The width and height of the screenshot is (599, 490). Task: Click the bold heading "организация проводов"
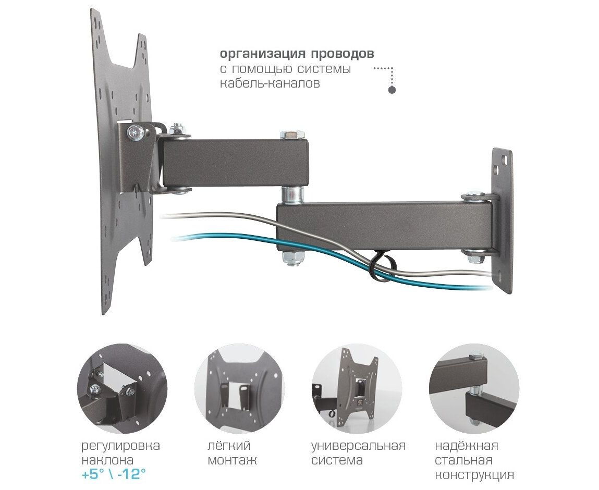[297, 54]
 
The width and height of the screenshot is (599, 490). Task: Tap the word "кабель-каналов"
[270, 83]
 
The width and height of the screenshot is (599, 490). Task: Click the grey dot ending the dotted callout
[392, 91]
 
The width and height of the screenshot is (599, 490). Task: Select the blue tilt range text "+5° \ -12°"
[114, 474]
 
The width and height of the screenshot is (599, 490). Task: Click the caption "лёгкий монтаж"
[233, 453]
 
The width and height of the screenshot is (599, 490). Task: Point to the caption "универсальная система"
[358, 453]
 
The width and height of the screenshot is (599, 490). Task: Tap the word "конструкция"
[474, 475]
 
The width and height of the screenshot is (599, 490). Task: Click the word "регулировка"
[120, 446]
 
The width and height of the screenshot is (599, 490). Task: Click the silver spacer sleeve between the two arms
[292, 195]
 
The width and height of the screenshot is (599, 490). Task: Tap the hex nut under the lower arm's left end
[292, 258]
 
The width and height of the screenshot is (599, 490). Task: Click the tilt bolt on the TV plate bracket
[137, 132]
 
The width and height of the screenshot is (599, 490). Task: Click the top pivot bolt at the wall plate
[475, 197]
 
